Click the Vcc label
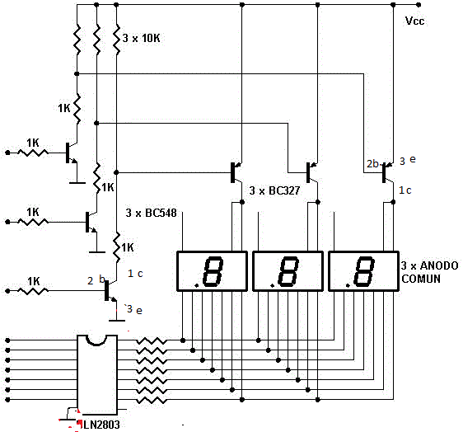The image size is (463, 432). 415,21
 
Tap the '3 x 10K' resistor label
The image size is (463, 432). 141,38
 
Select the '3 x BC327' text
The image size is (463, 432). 274,190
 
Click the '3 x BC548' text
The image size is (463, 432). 152,213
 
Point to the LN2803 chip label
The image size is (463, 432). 101,425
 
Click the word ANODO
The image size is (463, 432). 439,265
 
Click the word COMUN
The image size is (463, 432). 421,279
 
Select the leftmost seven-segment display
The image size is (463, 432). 212,271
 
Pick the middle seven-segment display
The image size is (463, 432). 288,271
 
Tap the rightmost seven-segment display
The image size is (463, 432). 364,271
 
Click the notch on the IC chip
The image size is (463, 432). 96,340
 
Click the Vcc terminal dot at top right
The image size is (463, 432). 419,5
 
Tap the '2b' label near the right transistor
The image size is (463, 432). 372,164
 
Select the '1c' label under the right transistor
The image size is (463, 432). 405,190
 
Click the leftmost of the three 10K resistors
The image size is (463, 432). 77,40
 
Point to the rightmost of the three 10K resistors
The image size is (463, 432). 117,40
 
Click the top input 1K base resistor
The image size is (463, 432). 33,153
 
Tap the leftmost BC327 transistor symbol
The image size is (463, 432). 236,172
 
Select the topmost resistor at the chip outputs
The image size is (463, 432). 152,340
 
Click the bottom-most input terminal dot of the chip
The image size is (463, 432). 7,400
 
